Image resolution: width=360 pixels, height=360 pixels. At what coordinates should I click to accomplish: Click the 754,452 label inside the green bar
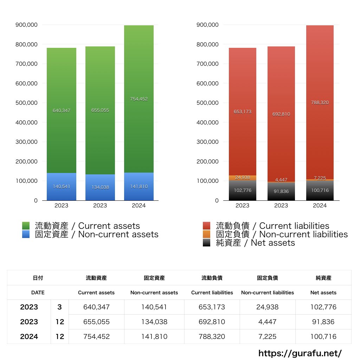139,99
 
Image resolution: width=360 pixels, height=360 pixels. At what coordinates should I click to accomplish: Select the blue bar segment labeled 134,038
100,187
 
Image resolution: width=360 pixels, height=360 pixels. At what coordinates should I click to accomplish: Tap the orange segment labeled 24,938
242,178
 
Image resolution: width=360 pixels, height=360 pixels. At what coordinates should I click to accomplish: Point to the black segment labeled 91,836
281,192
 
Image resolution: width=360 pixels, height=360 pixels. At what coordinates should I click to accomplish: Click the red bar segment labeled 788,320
320,103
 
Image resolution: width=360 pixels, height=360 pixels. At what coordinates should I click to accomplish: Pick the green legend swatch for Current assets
26,226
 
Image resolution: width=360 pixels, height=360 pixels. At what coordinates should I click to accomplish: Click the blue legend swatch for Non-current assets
26,234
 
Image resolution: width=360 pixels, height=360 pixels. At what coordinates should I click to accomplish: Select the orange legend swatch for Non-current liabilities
207,234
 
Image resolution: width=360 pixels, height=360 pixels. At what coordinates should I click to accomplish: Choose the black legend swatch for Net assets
207,243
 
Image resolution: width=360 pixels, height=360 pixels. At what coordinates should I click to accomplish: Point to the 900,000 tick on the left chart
27,25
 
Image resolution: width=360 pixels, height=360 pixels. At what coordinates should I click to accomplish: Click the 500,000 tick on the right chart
207,103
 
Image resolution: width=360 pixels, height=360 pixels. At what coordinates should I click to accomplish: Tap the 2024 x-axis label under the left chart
139,206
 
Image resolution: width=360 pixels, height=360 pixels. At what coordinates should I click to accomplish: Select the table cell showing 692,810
212,322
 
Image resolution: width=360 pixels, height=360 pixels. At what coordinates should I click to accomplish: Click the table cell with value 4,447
268,322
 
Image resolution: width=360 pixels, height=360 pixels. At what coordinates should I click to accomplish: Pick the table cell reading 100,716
323,336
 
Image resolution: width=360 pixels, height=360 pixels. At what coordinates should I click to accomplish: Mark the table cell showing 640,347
96,307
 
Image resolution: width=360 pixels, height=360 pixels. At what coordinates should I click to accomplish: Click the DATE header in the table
38,292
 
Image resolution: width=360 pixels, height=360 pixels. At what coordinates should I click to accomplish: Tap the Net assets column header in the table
323,292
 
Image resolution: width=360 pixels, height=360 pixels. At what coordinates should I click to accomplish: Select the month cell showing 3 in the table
60,307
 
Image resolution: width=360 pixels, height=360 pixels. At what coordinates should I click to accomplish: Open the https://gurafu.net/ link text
300,353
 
